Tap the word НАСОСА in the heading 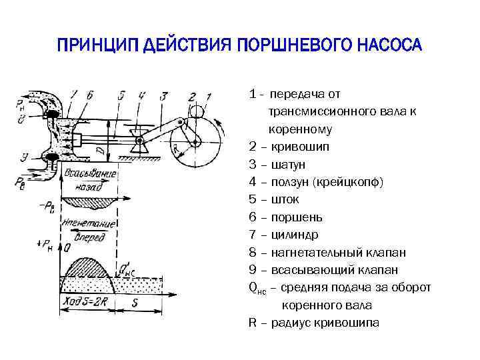pos(389,45)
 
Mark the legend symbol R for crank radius pos(253,323)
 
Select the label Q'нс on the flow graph pos(127,270)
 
